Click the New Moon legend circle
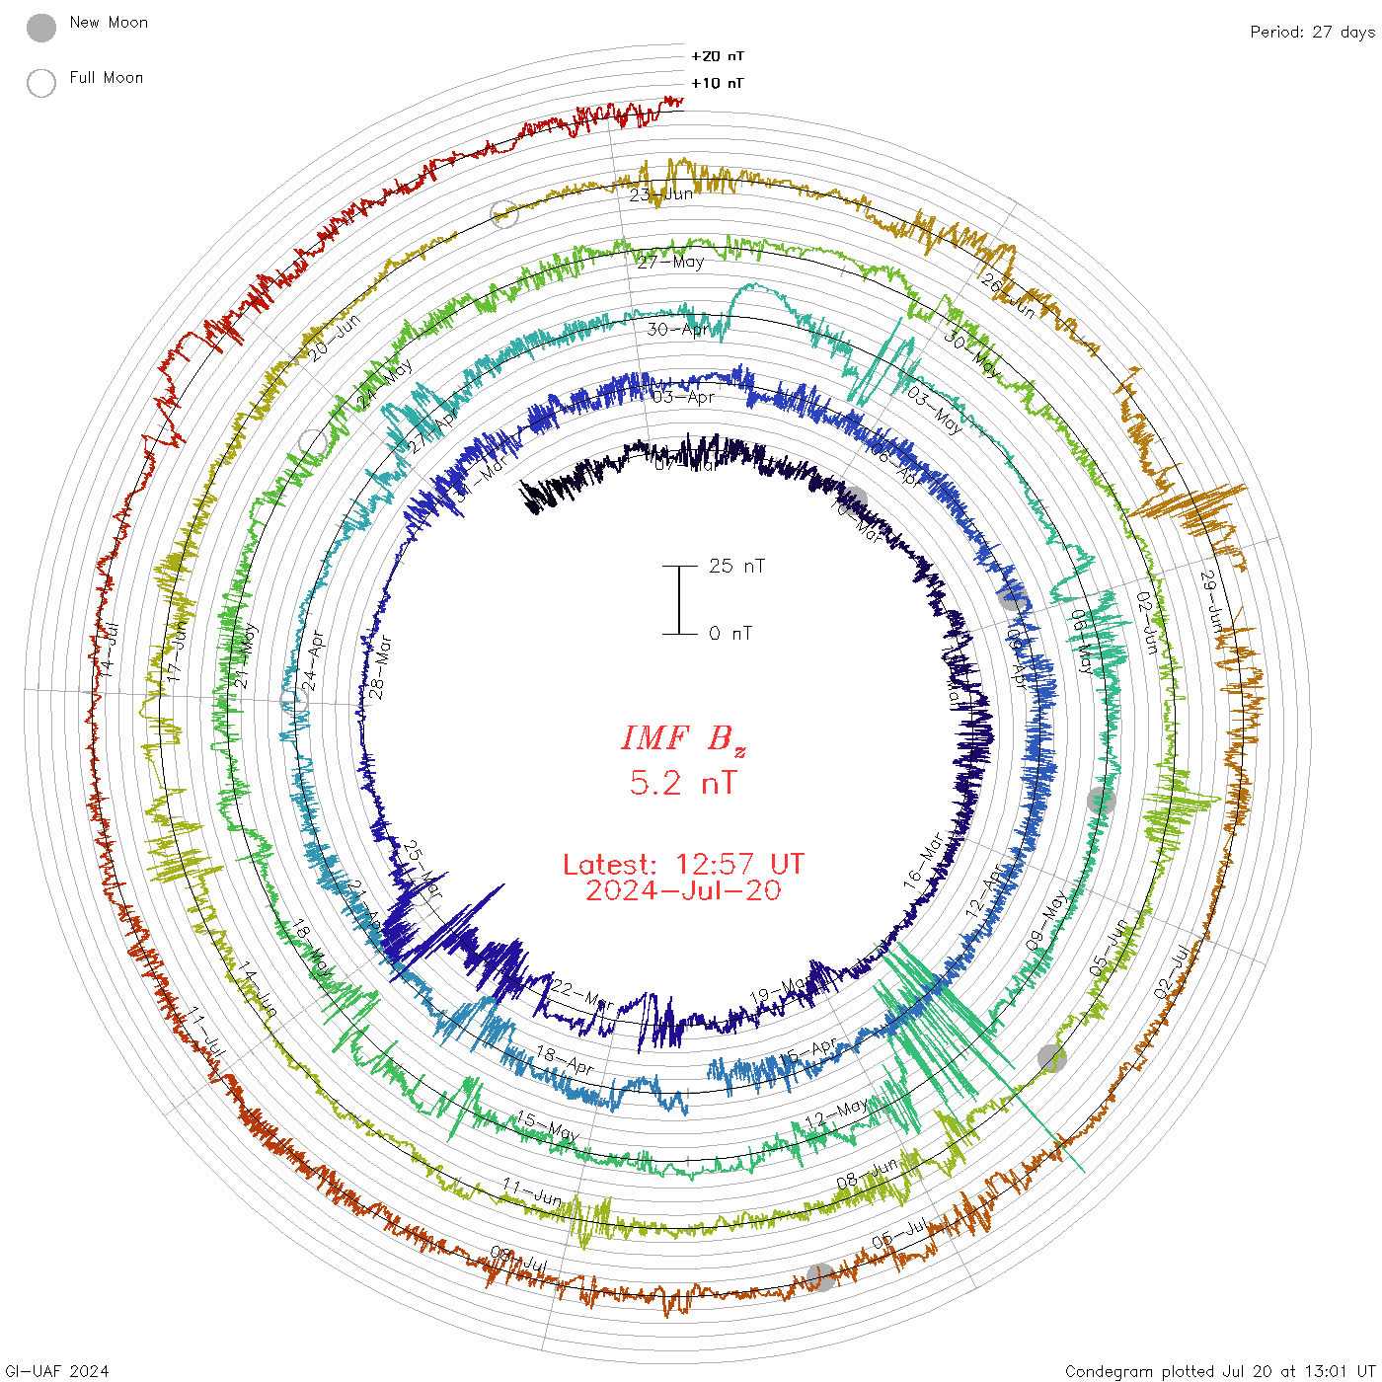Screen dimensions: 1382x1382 (x=41, y=28)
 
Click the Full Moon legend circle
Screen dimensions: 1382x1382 (x=41, y=83)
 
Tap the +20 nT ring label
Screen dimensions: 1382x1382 (x=718, y=56)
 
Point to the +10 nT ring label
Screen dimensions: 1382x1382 (x=718, y=83)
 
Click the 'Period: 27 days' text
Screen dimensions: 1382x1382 (x=1312, y=32)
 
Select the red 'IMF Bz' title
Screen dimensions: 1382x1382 (x=683, y=738)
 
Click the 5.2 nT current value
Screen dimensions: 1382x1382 (x=683, y=783)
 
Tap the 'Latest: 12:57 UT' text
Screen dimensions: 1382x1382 (x=683, y=865)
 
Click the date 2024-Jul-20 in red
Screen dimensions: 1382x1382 (x=683, y=890)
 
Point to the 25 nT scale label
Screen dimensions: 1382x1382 (x=736, y=566)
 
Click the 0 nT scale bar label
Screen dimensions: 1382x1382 (x=730, y=633)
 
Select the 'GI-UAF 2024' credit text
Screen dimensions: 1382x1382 (x=57, y=1370)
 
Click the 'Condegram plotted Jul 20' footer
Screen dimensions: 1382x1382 (x=1220, y=1370)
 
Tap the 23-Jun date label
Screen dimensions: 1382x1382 (x=661, y=194)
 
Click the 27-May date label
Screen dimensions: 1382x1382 (x=671, y=262)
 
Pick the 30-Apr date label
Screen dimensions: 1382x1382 (x=678, y=329)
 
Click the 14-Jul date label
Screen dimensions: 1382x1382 (x=111, y=649)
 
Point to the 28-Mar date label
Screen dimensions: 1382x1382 (x=380, y=668)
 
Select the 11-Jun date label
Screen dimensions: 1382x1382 (x=531, y=1191)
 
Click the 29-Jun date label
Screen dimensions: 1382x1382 (x=1211, y=600)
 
